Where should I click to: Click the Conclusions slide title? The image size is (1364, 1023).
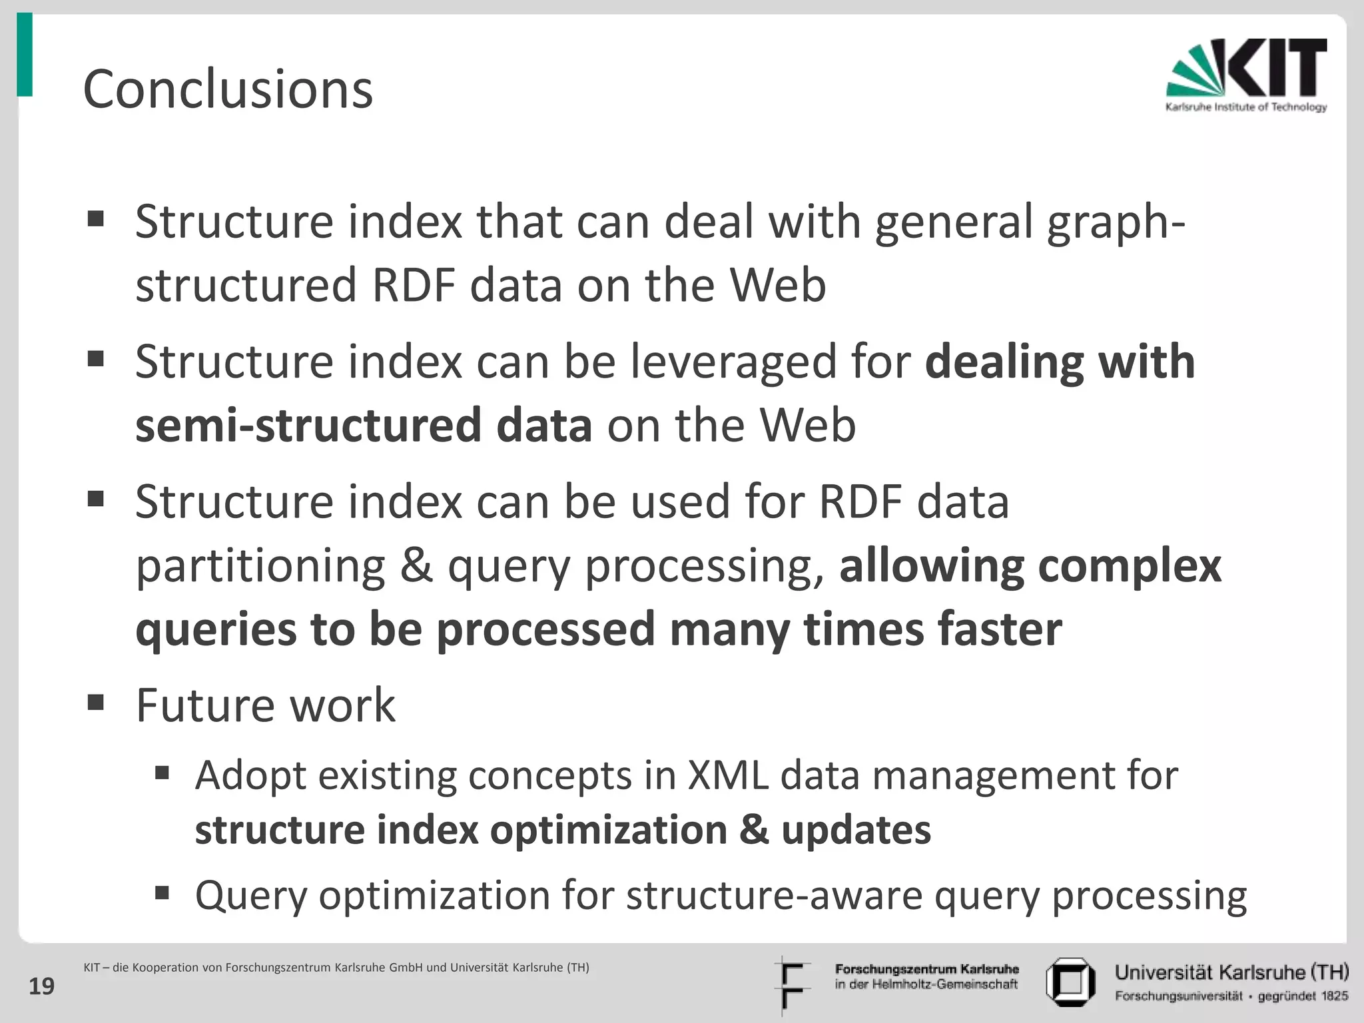[228, 89]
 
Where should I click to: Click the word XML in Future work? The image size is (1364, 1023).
[727, 775]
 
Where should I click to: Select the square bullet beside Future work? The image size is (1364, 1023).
[96, 702]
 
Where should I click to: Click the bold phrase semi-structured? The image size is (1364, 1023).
[308, 426]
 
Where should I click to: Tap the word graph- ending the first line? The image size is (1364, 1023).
[1116, 222]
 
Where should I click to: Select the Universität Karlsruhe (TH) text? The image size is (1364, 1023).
[1231, 972]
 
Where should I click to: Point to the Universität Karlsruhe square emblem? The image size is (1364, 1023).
[1070, 982]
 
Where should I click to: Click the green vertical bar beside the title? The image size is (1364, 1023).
[25, 55]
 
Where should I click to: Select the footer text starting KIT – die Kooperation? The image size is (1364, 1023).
[336, 968]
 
